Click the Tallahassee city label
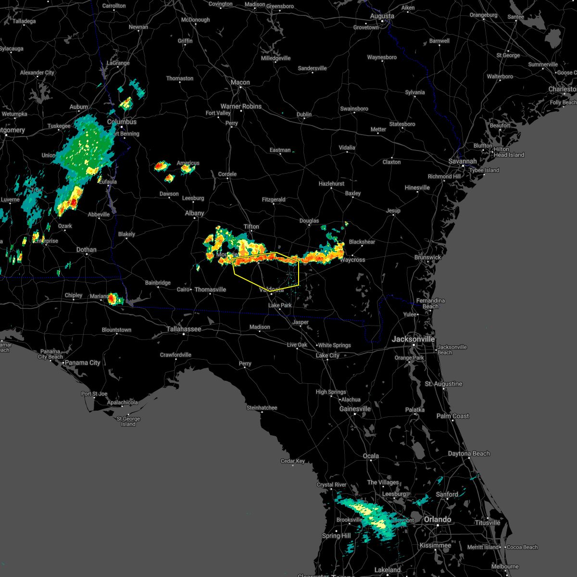click(184, 329)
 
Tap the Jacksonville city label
click(413, 339)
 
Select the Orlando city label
click(437, 519)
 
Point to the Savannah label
click(463, 161)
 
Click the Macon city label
click(240, 82)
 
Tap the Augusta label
click(382, 16)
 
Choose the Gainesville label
click(355, 409)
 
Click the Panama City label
click(82, 363)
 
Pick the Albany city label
click(194, 213)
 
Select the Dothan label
click(87, 250)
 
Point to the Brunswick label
click(427, 257)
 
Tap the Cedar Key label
click(293, 461)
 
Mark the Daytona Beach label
click(469, 453)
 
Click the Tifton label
click(251, 226)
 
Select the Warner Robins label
click(241, 106)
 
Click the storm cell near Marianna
click(113, 299)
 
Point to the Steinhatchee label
click(262, 408)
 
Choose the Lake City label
click(327, 355)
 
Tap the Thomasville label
click(210, 289)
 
